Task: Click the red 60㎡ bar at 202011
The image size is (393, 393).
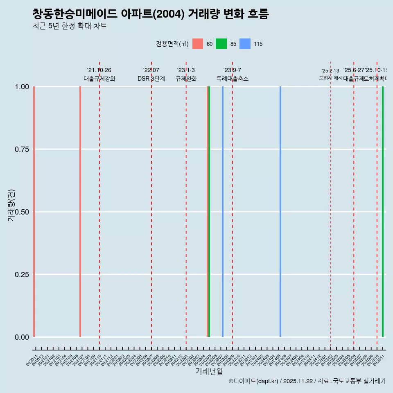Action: pyautogui.click(x=34, y=212)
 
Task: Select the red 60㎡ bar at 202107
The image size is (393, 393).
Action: pyautogui.click(x=80, y=212)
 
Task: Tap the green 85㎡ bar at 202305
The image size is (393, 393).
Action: pyautogui.click(x=209, y=212)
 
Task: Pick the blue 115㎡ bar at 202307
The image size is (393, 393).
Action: pyautogui.click(x=223, y=212)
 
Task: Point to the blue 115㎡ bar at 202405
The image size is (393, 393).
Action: pyautogui.click(x=280, y=212)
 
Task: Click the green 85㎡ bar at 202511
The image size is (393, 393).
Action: pyautogui.click(x=383, y=212)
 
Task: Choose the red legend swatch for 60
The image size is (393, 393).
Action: pyautogui.click(x=198, y=44)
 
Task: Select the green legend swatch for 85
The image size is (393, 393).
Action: pyautogui.click(x=221, y=44)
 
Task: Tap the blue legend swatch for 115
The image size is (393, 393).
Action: pyautogui.click(x=245, y=44)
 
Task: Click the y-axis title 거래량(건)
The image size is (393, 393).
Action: pyautogui.click(x=11, y=205)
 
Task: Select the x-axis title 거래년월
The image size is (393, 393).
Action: pyautogui.click(x=209, y=371)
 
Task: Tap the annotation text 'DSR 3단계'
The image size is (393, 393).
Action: pyautogui.click(x=151, y=79)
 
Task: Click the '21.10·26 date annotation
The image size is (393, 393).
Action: pyautogui.click(x=99, y=70)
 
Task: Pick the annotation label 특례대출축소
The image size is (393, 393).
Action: pyautogui.click(x=233, y=79)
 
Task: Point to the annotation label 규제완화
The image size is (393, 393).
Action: pyautogui.click(x=186, y=79)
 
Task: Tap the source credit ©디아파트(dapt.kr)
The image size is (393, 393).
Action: pyautogui.click(x=253, y=381)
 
